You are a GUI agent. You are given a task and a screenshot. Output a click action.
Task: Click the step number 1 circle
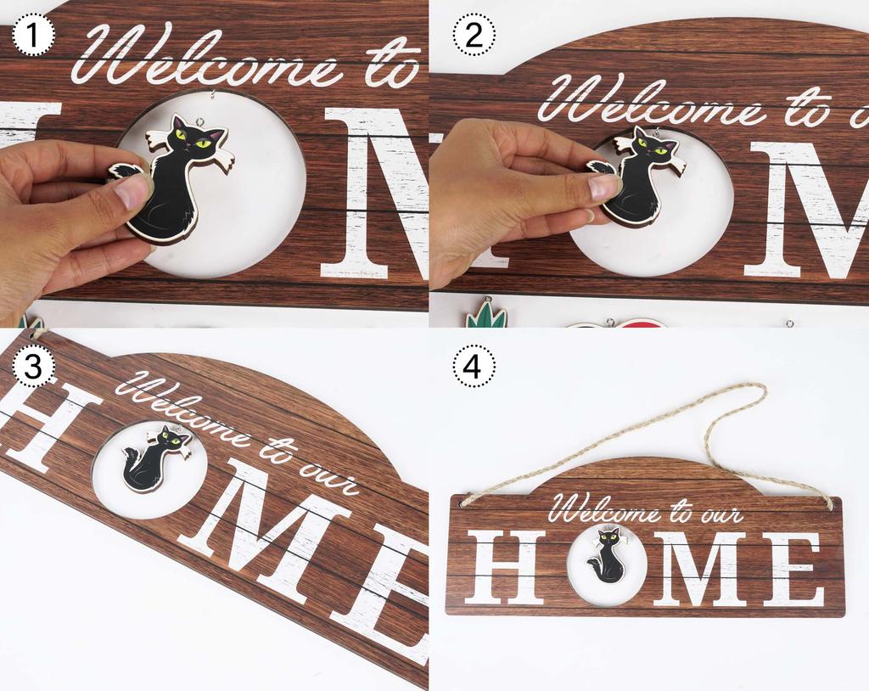(x=35, y=36)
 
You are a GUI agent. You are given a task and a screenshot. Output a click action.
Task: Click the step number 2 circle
(x=474, y=36)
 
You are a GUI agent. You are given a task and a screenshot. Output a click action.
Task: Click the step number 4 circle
(x=474, y=368)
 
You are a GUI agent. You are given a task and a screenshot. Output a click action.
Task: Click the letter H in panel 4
(x=507, y=567)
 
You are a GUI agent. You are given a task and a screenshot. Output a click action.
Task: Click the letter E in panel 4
(x=793, y=568)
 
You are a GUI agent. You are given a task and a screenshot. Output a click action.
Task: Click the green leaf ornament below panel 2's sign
(x=485, y=316)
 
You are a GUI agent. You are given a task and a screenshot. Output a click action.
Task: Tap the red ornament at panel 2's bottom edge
(x=645, y=323)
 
